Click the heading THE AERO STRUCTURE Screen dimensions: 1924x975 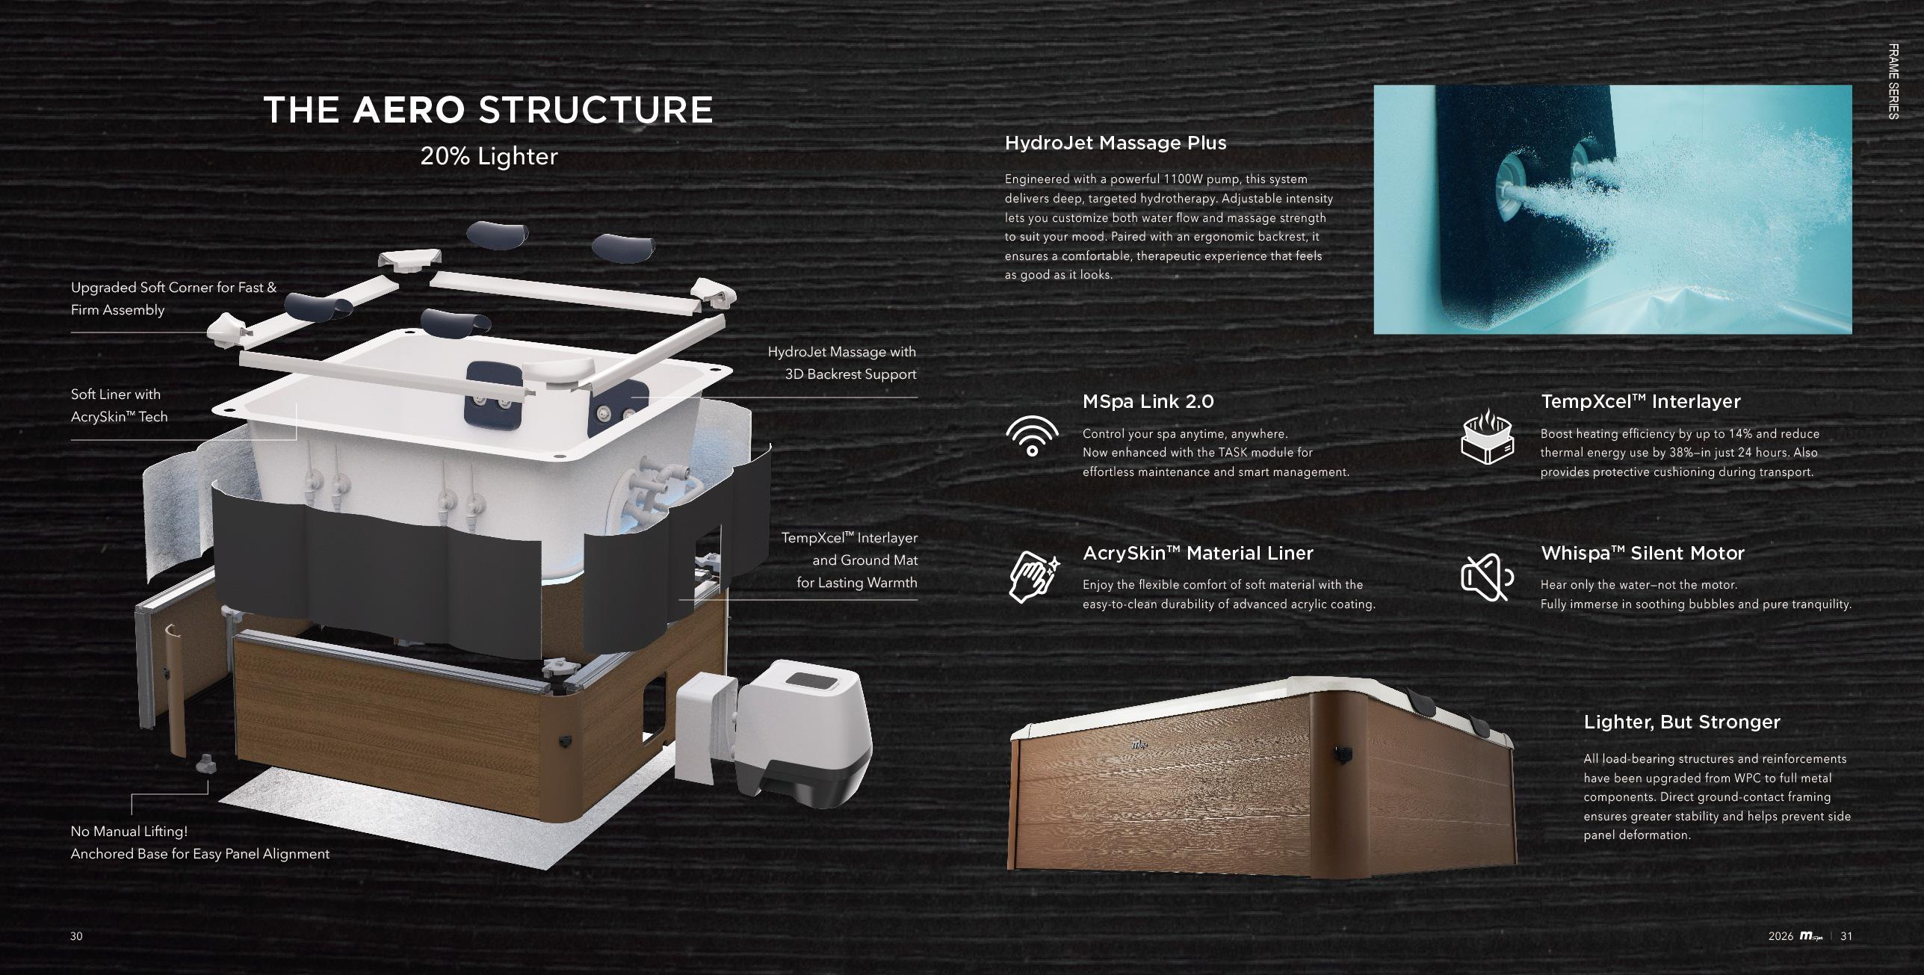[x=488, y=110]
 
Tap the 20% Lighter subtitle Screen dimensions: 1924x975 [x=489, y=156]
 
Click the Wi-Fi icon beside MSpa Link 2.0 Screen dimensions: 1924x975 [x=1032, y=436]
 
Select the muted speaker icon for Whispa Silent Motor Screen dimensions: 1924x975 [x=1487, y=578]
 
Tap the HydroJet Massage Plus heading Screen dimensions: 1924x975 [x=1115, y=143]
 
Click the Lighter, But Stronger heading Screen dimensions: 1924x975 [x=1682, y=722]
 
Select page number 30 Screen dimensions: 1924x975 [x=76, y=936]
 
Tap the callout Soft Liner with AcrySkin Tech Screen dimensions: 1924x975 [x=120, y=406]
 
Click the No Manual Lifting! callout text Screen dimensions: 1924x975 [x=129, y=832]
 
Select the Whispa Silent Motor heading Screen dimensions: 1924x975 [x=1642, y=553]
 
